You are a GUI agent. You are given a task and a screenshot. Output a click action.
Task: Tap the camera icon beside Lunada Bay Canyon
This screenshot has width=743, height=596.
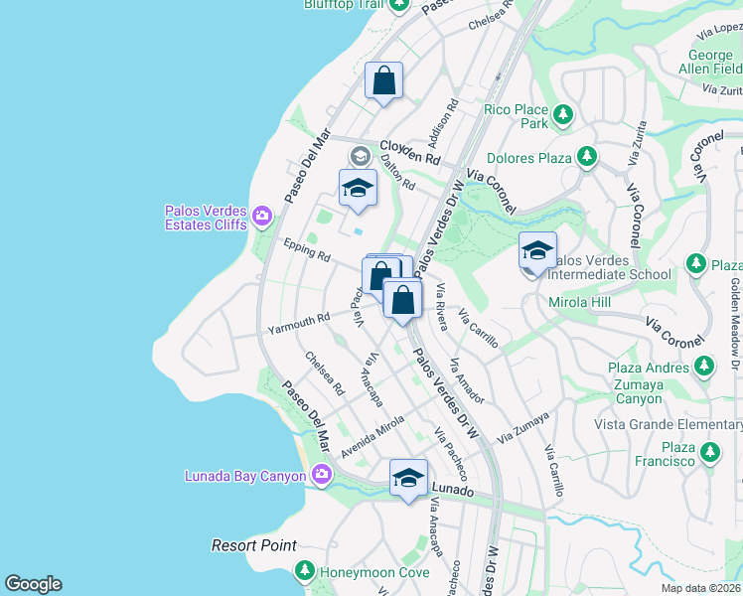pos(321,476)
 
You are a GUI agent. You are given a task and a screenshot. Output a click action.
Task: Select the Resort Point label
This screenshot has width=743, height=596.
pos(254,545)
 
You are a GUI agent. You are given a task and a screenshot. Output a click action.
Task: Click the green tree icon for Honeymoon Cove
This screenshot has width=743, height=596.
pos(305,572)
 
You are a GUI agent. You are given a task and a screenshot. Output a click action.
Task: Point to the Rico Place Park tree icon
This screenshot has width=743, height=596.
pos(562,113)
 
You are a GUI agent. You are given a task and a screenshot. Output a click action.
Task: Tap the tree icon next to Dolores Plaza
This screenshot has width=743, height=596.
pos(587,157)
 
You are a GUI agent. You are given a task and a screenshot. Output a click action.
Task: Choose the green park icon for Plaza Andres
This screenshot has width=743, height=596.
pos(704,368)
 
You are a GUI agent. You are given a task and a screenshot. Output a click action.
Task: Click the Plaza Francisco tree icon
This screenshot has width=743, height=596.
pos(709,453)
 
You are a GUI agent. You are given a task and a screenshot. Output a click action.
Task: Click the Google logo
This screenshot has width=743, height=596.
pos(33,584)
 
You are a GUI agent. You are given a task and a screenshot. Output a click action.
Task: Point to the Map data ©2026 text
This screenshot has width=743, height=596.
pos(700,588)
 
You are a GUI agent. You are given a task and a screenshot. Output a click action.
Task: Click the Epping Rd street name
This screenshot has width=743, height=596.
pos(306,249)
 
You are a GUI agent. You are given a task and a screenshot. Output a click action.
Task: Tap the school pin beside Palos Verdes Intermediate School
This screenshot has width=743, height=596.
pos(537,251)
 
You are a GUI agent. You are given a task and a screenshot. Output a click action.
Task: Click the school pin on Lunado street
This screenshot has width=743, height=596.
pos(408,478)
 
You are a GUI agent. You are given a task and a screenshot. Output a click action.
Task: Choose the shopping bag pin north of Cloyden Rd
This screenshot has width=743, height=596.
pos(383,80)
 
